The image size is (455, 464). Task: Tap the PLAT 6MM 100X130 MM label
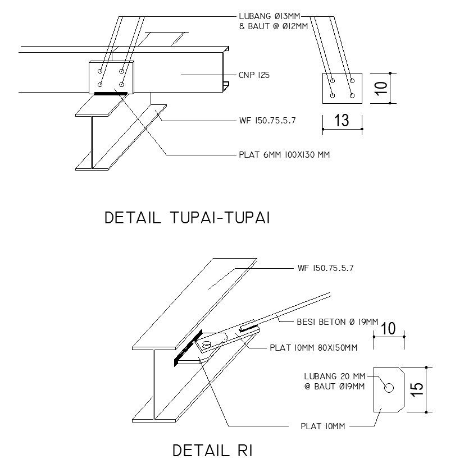(284, 154)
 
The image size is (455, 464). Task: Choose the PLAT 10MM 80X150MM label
(313, 348)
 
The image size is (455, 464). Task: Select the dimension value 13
(342, 120)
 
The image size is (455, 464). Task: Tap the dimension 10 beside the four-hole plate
(381, 88)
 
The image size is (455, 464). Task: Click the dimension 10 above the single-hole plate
(389, 329)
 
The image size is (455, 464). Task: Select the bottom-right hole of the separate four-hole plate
(352, 95)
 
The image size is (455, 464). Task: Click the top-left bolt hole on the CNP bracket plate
(100, 71)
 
